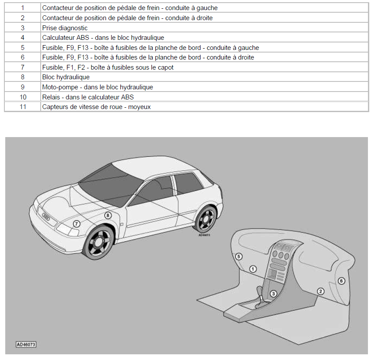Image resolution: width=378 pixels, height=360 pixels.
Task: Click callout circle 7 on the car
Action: pyautogui.click(x=77, y=223)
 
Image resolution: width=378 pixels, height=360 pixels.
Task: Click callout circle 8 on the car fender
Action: pyautogui.click(x=108, y=215)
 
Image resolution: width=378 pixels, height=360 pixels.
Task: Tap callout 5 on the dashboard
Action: pyautogui.click(x=239, y=256)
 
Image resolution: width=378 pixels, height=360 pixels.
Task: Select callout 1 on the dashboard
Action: pyautogui.click(x=253, y=269)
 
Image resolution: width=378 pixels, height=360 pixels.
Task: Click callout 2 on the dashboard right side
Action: pyautogui.click(x=320, y=291)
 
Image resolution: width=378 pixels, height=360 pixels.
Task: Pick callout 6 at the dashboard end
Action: pyautogui.click(x=341, y=281)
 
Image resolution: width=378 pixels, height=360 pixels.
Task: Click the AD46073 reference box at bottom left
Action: pyautogui.click(x=26, y=345)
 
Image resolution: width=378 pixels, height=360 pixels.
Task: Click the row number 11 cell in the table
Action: pyautogui.click(x=23, y=106)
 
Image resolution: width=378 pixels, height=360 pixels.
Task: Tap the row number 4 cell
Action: pyautogui.click(x=23, y=38)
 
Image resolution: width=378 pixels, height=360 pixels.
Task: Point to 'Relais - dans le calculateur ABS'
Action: pyautogui.click(x=88, y=97)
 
